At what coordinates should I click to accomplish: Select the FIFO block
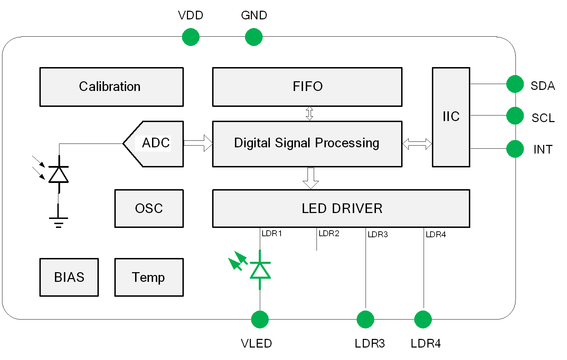point(307,87)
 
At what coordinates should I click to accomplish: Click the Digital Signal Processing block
point(307,144)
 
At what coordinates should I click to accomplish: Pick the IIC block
point(451,117)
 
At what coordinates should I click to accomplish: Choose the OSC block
point(149,209)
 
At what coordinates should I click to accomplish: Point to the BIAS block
point(69,277)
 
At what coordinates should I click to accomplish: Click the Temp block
point(149,277)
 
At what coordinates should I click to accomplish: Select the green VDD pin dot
point(191,37)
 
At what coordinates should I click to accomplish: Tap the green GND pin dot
point(254,37)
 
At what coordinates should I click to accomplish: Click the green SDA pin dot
point(515,84)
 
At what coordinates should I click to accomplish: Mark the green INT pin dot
point(515,149)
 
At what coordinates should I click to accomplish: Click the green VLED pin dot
point(260,319)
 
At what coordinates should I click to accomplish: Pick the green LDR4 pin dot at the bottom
point(423,319)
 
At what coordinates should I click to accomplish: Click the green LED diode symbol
point(260,270)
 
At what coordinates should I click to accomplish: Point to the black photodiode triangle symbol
point(59,175)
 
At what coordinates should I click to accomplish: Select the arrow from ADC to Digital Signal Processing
point(198,143)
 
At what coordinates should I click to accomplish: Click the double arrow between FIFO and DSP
point(310,113)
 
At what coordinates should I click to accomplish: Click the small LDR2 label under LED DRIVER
point(329,233)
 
